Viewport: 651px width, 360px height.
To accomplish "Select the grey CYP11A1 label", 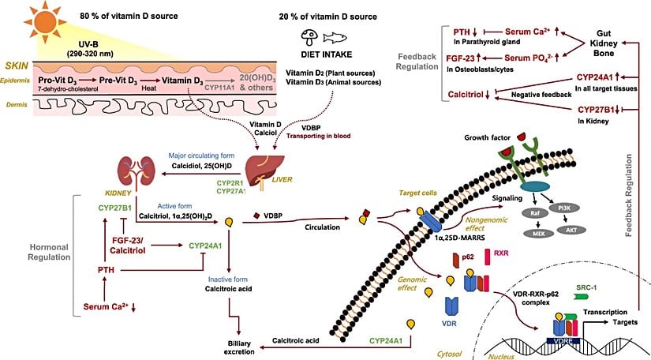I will [x=200, y=91].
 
